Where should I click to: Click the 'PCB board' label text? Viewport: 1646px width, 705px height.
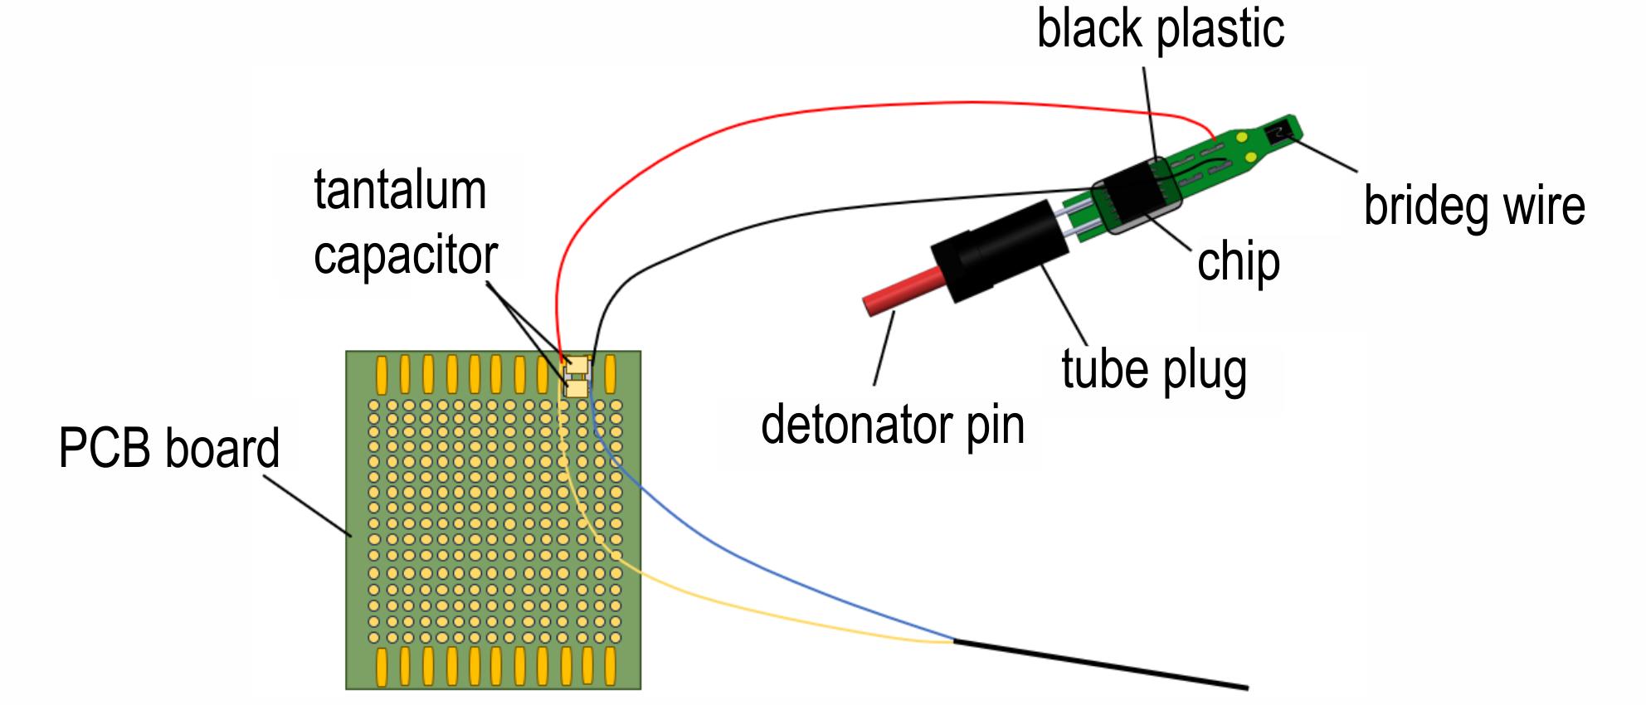169,449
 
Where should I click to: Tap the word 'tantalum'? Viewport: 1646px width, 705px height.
400,190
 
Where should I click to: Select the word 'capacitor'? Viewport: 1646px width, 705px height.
406,255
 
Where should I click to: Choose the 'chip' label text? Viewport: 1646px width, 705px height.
1239,264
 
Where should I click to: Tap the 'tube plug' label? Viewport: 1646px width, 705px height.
1154,370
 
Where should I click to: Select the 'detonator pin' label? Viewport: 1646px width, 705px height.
893,425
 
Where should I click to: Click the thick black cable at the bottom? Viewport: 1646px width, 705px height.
1101,664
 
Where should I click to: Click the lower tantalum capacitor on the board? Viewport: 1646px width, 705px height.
577,387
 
